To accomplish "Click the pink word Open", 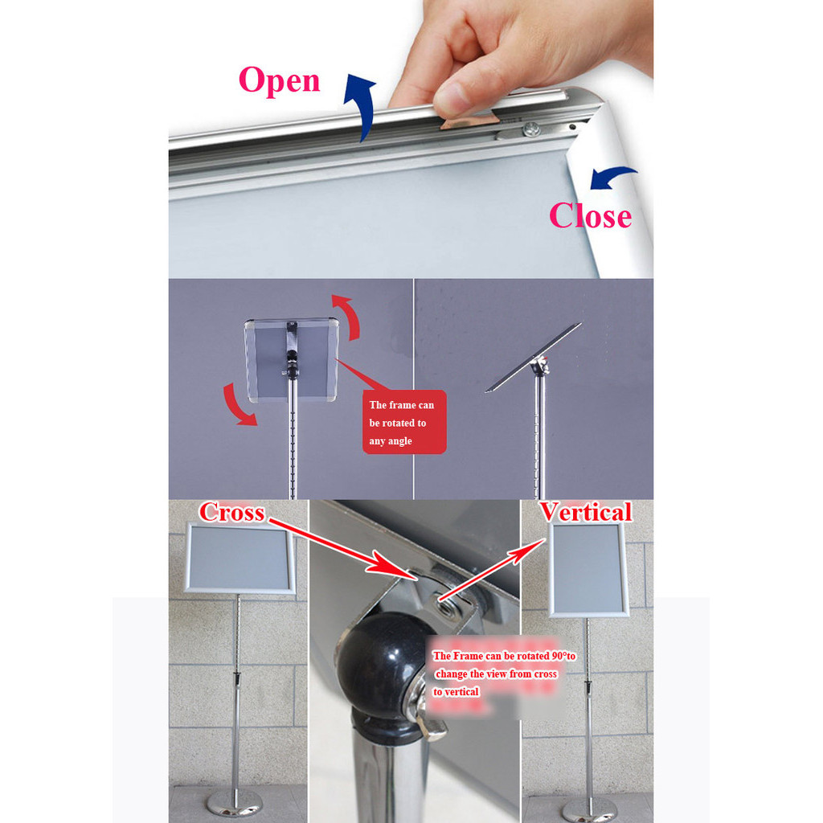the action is coord(279,81).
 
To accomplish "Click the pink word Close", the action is coord(591,215).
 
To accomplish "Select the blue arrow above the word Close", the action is coord(612,177).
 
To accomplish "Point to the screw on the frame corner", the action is coord(532,128).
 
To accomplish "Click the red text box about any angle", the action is coord(404,422).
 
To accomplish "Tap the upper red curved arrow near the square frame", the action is coord(347,316).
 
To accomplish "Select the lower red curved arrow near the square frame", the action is coord(237,405).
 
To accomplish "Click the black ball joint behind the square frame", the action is coord(292,363).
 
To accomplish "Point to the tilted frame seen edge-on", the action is coord(533,357).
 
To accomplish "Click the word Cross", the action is coord(231,512).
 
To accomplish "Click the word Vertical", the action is coord(586,511).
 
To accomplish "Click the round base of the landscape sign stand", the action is coord(234,803).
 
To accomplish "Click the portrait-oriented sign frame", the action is coord(588,570).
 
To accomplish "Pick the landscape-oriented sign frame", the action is coord(240,558).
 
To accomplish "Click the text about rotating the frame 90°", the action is coord(503,674).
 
